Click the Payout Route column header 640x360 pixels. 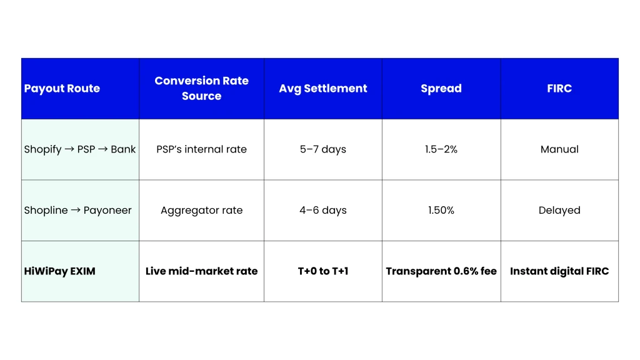point(62,89)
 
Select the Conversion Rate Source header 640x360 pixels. point(201,89)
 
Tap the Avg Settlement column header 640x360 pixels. point(322,89)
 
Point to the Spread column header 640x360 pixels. point(441,89)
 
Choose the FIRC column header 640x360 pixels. point(559,89)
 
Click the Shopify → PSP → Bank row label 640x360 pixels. point(80,149)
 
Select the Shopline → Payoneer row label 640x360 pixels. point(78,210)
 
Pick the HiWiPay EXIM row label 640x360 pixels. point(60,271)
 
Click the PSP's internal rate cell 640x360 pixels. point(201,149)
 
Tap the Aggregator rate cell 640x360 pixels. point(201,210)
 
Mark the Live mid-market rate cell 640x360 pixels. point(201,271)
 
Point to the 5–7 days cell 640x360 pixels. point(322,149)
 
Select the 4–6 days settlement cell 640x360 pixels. point(322,210)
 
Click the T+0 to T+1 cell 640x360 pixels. point(322,271)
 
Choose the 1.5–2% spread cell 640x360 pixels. point(441,149)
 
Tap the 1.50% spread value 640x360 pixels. point(441,210)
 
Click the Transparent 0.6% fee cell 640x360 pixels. point(441,271)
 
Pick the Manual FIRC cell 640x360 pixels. point(559,149)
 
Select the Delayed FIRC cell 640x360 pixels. point(559,210)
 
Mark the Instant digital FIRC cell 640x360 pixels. point(559,271)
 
